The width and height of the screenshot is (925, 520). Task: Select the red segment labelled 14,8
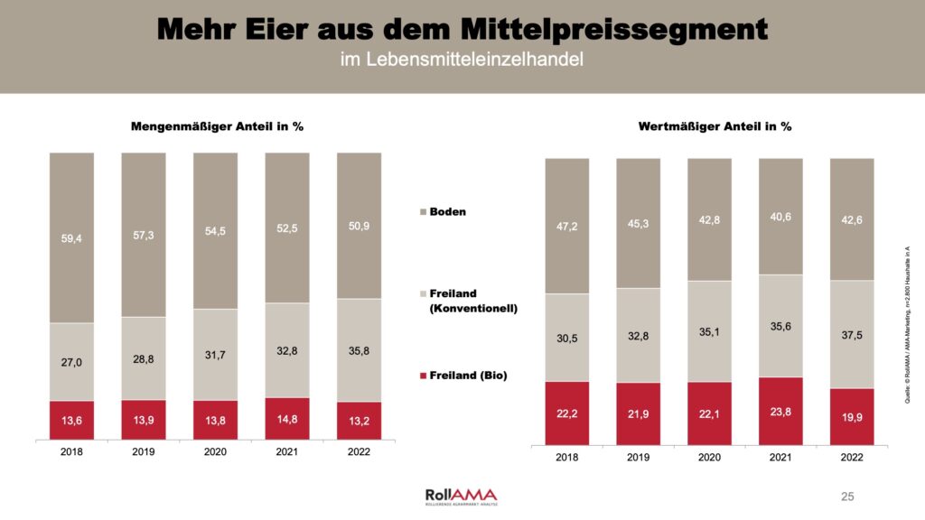tap(286, 419)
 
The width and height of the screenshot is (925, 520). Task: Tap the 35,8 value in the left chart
tap(359, 350)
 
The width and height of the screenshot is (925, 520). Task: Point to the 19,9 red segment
tap(851, 416)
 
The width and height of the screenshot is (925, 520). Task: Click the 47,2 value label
tap(566, 226)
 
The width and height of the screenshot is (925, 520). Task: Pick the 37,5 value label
tap(851, 334)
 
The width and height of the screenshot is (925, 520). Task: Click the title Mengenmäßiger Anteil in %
tap(217, 126)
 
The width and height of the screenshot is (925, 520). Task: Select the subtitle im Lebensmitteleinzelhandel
tap(462, 61)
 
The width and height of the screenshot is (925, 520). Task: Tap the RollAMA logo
tap(461, 496)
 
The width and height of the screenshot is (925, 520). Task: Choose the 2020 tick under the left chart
tap(215, 451)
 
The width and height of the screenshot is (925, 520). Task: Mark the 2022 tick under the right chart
tap(851, 458)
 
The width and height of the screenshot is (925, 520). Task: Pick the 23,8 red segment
tap(780, 411)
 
